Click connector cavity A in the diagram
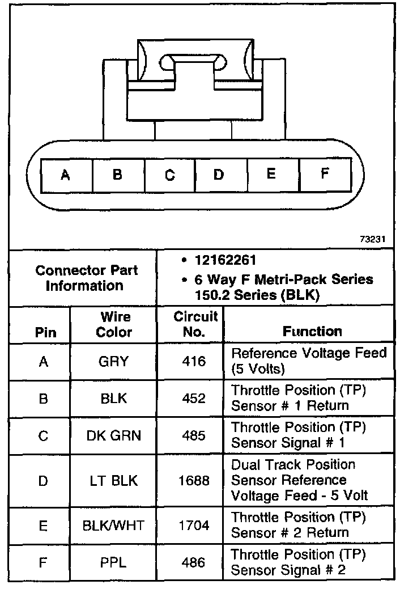point(66,175)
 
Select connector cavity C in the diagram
point(170,175)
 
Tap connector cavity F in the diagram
point(325,173)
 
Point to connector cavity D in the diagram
point(219,175)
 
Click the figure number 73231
point(372,239)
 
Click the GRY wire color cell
point(113,361)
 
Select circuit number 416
point(194,361)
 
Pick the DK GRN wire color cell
point(113,435)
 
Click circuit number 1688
point(194,481)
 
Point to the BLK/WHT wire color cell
point(113,525)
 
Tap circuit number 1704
point(194,525)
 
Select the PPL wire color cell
point(113,563)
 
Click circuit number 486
point(194,563)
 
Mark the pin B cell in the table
point(44,399)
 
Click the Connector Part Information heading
point(86,278)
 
